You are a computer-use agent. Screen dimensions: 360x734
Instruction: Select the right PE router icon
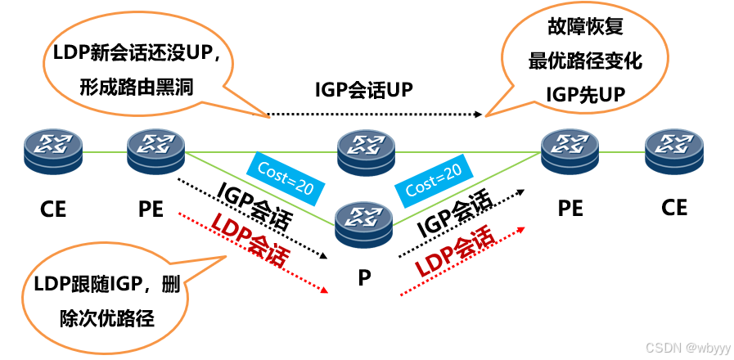pyautogui.click(x=570, y=151)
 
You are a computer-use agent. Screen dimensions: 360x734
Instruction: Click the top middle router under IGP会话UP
pyautogui.click(x=366, y=152)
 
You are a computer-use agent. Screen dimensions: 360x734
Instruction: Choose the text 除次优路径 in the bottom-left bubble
pyautogui.click(x=107, y=317)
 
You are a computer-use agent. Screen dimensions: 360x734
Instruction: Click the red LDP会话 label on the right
pyautogui.click(x=455, y=251)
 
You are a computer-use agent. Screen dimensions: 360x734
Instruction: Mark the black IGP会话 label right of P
pyautogui.click(x=455, y=214)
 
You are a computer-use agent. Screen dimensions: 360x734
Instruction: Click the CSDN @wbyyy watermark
pyautogui.click(x=687, y=347)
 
